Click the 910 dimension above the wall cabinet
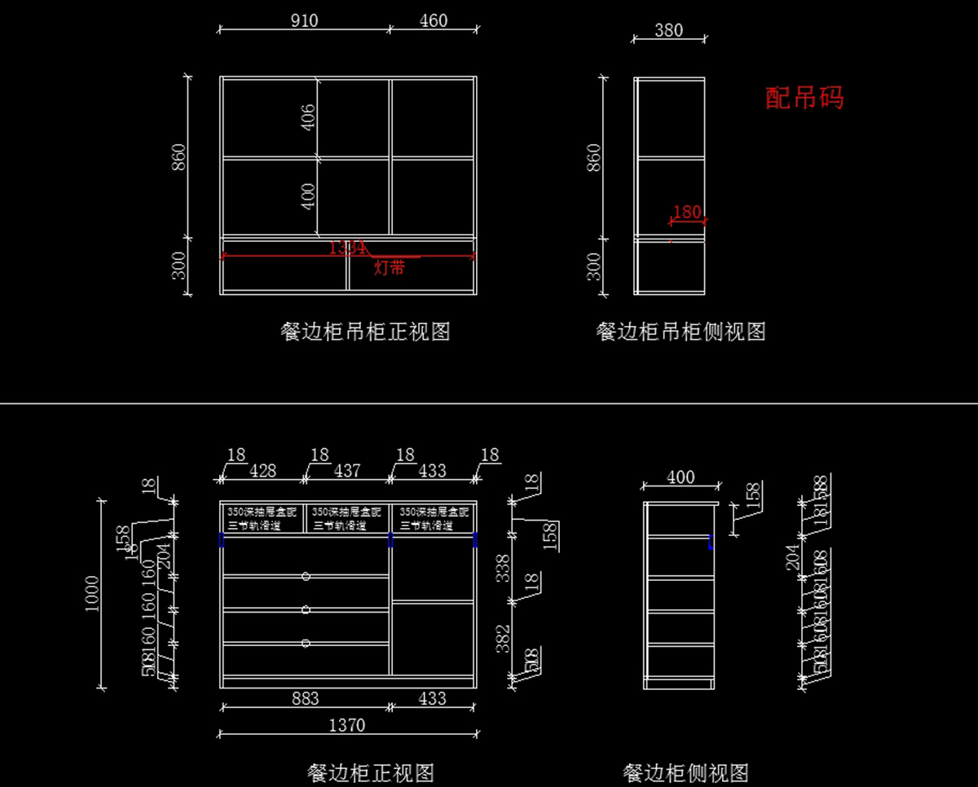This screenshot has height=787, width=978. (304, 20)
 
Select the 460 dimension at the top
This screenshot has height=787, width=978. (433, 20)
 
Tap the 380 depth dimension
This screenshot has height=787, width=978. (668, 30)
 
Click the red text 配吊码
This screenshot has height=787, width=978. (804, 98)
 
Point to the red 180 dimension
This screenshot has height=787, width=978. (687, 212)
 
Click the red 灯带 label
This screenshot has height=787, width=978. (389, 267)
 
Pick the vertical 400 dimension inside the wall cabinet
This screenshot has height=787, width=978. (308, 196)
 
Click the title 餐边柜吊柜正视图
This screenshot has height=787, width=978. (365, 332)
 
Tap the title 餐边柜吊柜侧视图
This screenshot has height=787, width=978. (681, 332)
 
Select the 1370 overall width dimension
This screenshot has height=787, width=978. (346, 724)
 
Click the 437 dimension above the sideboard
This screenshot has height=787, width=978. (346, 470)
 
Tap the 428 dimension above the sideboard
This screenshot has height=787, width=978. (262, 470)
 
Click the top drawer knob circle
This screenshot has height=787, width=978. (306, 576)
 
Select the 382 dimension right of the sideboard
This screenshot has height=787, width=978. (504, 638)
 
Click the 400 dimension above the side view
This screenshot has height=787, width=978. (681, 477)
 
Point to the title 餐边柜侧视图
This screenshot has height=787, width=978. (685, 772)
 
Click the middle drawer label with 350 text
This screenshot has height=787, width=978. (346, 519)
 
